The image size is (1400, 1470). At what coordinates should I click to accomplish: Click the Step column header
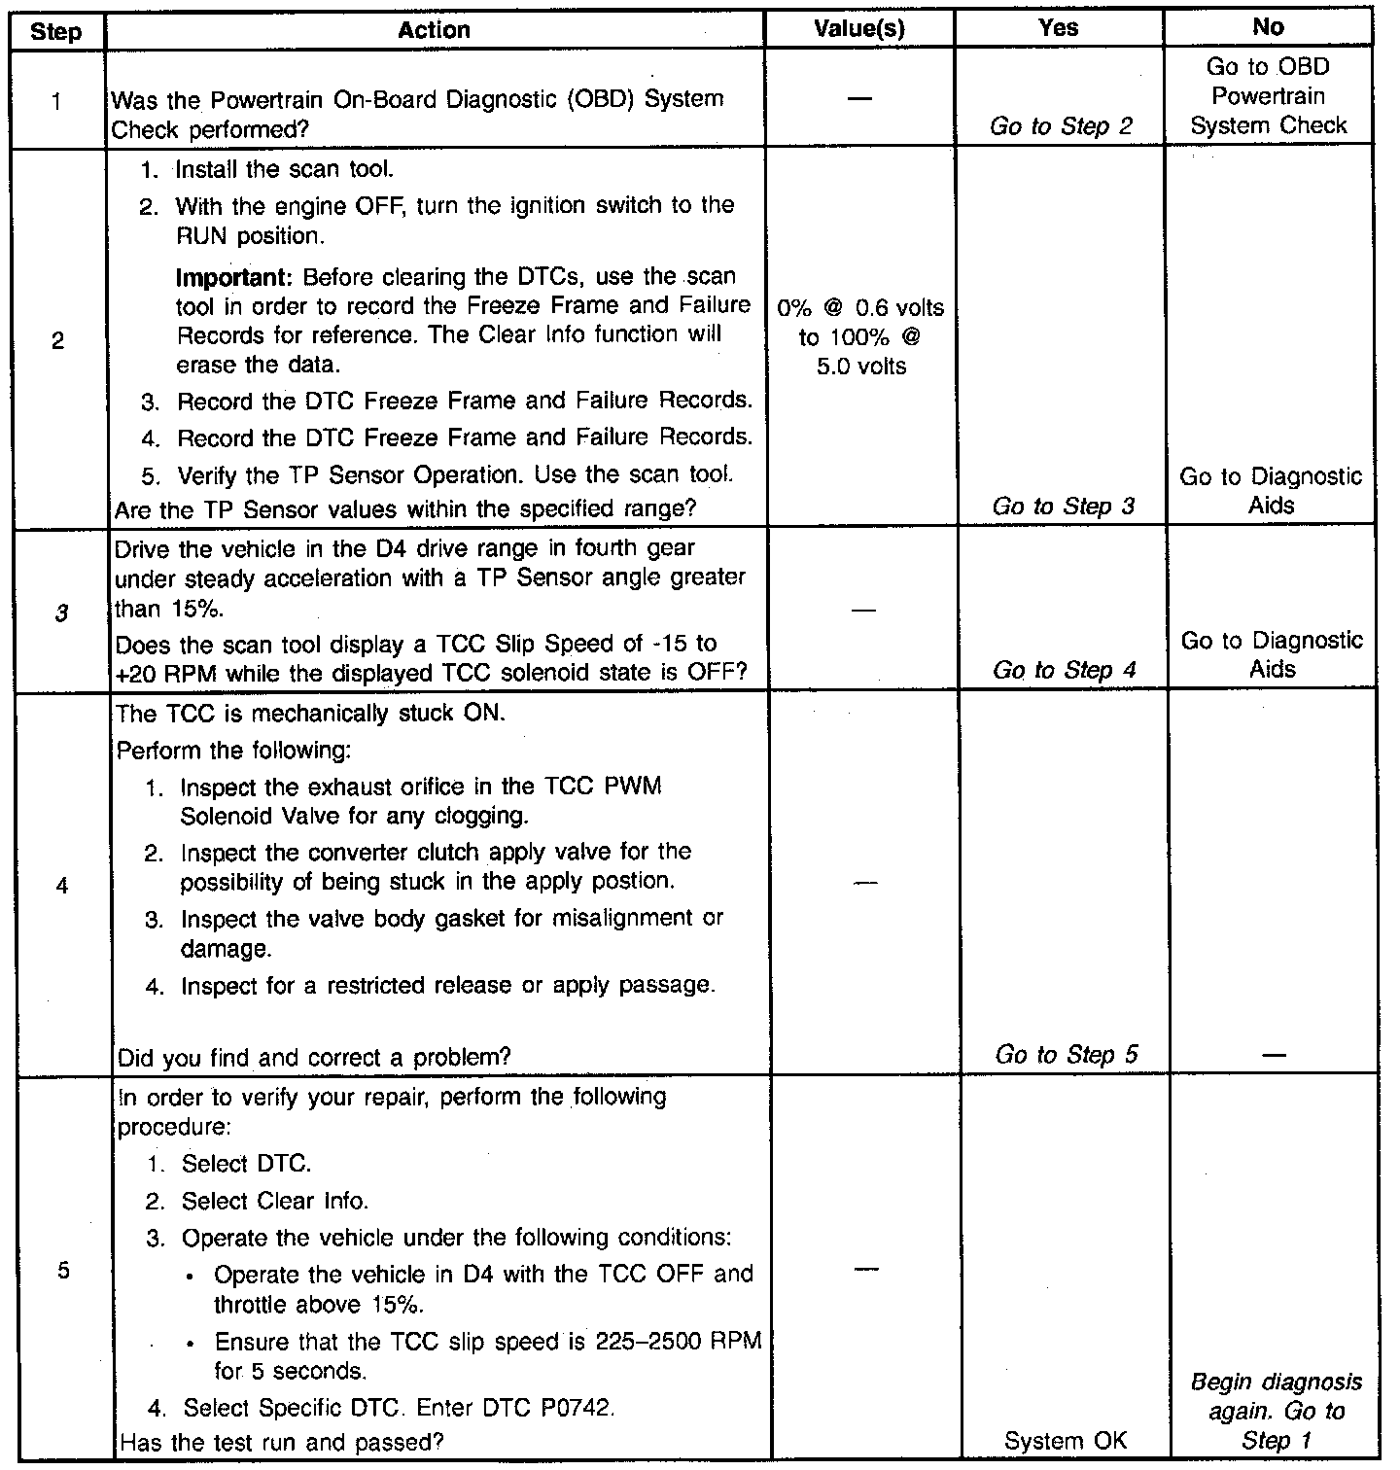56,31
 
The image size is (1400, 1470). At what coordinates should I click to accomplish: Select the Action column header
434,30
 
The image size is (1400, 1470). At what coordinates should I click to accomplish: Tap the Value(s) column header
859,30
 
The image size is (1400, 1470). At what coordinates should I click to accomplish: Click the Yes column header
1058,28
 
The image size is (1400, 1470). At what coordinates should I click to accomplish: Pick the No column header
1268,28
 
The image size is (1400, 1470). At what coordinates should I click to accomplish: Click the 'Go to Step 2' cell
1062,125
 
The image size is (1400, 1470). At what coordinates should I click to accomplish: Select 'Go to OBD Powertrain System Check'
1269,96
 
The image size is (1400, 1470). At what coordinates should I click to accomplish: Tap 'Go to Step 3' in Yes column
1063,506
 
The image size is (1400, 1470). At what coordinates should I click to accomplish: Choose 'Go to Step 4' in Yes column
1064,670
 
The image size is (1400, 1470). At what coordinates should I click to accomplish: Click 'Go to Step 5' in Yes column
1066,1055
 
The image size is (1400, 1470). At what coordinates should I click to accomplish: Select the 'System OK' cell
1066,1441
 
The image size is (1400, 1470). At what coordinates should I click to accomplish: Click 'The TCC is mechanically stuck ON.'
310,714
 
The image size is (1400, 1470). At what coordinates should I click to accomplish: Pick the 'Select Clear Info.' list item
275,1202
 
